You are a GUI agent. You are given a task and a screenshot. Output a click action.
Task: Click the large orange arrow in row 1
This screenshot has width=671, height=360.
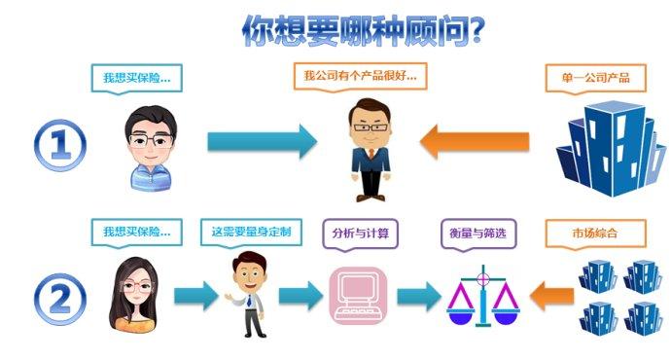click(475, 142)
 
